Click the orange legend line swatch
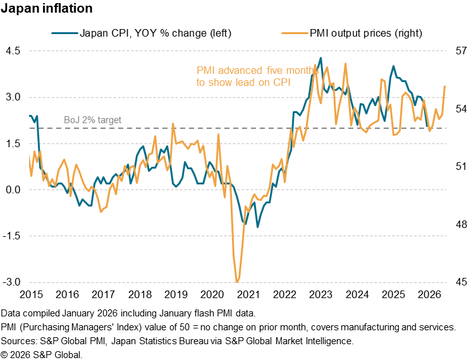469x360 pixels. pyautogui.click(x=295, y=32)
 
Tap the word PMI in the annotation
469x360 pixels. pyautogui.click(x=205, y=71)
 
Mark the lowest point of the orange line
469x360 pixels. pyautogui.click(x=237, y=281)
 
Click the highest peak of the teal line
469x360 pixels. pyautogui.click(x=321, y=58)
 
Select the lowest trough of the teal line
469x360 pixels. pyautogui.click(x=257, y=225)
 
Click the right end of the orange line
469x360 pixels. pyautogui.click(x=445, y=86)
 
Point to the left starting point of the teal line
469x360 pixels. pyautogui.click(x=30, y=116)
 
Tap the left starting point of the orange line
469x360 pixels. pyautogui.click(x=30, y=153)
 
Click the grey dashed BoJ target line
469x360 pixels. pyautogui.click(x=190, y=128)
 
